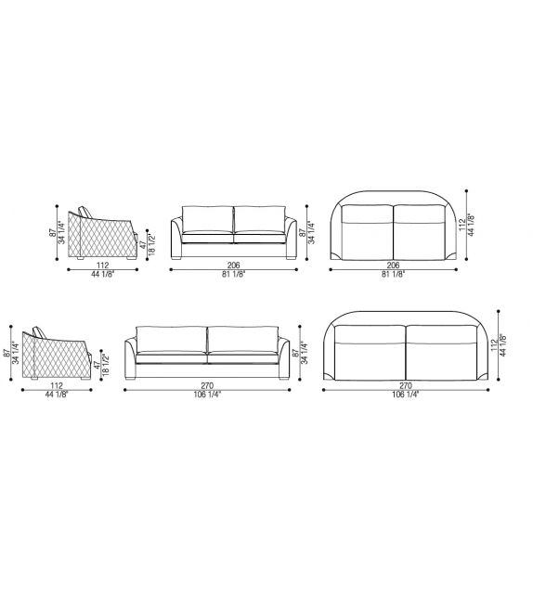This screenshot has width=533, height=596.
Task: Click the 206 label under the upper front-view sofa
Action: click(234, 266)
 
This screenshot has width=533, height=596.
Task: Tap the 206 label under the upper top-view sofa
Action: click(393, 266)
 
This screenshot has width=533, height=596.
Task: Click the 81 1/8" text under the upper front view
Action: click(234, 276)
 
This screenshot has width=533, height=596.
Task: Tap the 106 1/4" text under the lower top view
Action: click(405, 395)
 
